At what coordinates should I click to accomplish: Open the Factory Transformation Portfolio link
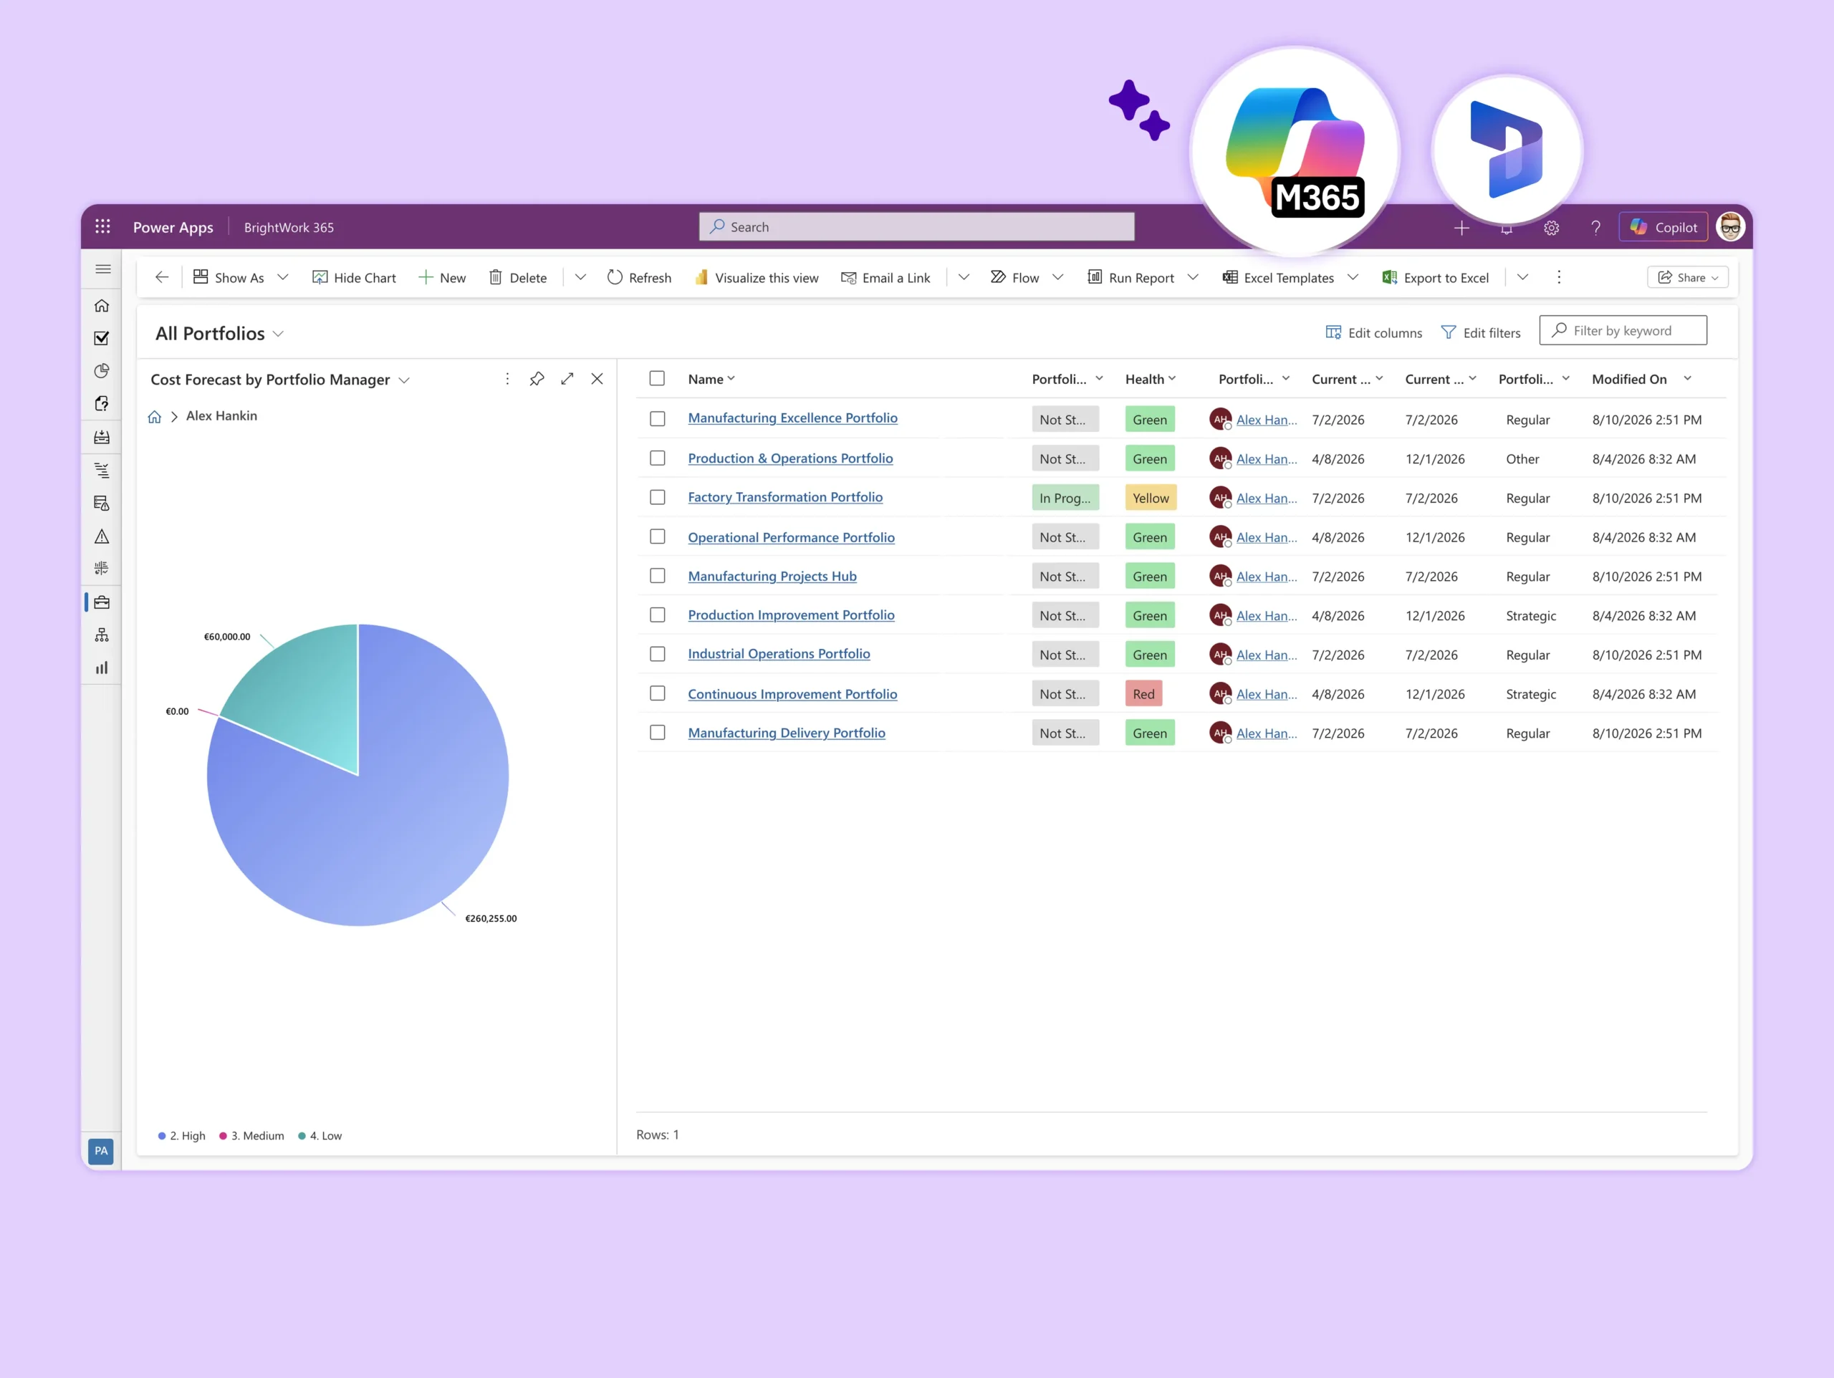[785, 498]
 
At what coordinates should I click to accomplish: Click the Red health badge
[1143, 694]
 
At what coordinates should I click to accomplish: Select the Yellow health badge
[1151, 498]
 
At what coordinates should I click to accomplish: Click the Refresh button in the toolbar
[639, 278]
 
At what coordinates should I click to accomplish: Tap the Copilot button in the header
[1663, 227]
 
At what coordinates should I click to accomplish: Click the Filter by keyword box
[1623, 331]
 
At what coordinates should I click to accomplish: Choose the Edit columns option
[1374, 332]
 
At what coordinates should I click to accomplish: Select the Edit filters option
[1481, 332]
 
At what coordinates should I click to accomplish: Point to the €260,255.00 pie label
[491, 918]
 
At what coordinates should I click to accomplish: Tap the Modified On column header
[1629, 379]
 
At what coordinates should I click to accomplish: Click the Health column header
[1145, 379]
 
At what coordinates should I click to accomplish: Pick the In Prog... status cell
[1065, 498]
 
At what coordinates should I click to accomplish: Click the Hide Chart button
[354, 278]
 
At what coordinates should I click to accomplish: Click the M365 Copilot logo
[1295, 152]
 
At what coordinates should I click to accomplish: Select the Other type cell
[1522, 458]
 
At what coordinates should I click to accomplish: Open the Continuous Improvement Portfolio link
[792, 694]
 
